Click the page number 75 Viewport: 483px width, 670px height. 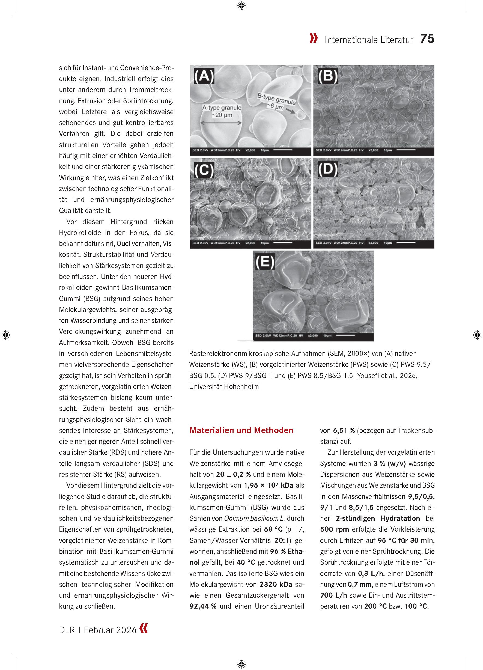point(427,39)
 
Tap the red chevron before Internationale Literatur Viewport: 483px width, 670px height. point(314,39)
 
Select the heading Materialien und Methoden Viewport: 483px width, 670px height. point(241,430)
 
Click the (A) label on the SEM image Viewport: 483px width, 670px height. point(204,76)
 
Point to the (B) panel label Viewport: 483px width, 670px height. point(328,76)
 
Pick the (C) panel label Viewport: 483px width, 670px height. point(204,170)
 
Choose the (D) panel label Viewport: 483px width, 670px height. point(328,169)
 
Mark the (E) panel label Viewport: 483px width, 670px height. point(265,262)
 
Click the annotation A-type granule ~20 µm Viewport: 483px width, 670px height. point(222,111)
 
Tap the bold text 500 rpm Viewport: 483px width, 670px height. point(334,529)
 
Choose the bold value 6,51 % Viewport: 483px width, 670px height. point(344,430)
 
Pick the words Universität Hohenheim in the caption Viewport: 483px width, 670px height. point(224,386)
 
